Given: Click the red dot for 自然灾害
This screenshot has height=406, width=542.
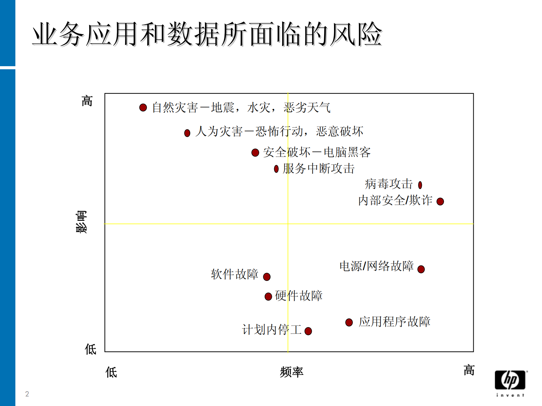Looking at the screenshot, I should pyautogui.click(x=143, y=108).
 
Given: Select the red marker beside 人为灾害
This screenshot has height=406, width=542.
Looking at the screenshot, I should pyautogui.click(x=187, y=133).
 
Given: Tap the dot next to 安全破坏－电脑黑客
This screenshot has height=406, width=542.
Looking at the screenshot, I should pyautogui.click(x=255, y=153).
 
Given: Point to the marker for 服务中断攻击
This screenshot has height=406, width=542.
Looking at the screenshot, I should pyautogui.click(x=276, y=169).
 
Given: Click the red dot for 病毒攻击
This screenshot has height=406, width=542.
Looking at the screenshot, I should pyautogui.click(x=420, y=185).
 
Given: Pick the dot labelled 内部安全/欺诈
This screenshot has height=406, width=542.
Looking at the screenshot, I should pyautogui.click(x=440, y=202).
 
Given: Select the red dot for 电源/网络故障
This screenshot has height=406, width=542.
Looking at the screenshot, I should pyautogui.click(x=421, y=269).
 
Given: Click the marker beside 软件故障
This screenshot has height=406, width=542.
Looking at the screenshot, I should pyautogui.click(x=267, y=277).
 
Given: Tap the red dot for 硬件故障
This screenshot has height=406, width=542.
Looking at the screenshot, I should pyautogui.click(x=268, y=296).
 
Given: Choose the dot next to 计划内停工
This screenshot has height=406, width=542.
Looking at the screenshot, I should pyautogui.click(x=308, y=331).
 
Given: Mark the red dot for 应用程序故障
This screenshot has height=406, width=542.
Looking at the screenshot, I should pyautogui.click(x=349, y=322).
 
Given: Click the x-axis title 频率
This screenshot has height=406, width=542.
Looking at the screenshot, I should pyautogui.click(x=291, y=372).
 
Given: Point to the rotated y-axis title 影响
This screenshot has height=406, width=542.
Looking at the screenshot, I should pyautogui.click(x=81, y=222).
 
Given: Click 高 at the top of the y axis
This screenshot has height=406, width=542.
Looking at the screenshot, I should pyautogui.click(x=87, y=101).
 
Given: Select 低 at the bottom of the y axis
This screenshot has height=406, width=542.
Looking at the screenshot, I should pyautogui.click(x=91, y=349).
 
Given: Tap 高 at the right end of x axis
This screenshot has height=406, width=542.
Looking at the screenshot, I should pyautogui.click(x=469, y=370).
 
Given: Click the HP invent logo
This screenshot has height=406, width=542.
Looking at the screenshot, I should pyautogui.click(x=510, y=383).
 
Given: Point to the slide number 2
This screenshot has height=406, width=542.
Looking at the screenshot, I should pyautogui.click(x=27, y=394).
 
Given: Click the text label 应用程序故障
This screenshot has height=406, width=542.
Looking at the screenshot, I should pyautogui.click(x=394, y=322).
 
